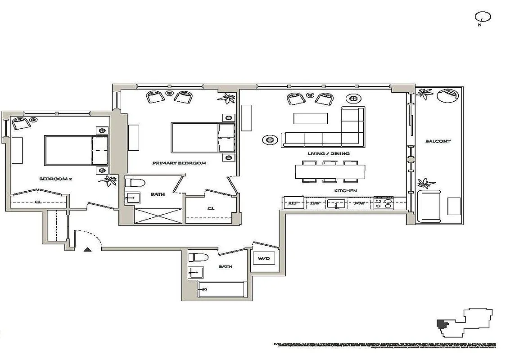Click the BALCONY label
438,141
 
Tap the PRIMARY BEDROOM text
179,163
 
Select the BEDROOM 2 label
55,179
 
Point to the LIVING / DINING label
328,153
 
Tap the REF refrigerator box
293,203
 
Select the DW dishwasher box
315,203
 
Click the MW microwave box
359,203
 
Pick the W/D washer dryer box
262,259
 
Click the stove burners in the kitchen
384,203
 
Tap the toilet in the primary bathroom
135,183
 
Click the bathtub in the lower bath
221,289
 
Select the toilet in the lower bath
199,257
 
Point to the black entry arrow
87,248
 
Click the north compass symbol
483,18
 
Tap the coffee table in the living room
311,118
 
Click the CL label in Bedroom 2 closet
38,202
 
